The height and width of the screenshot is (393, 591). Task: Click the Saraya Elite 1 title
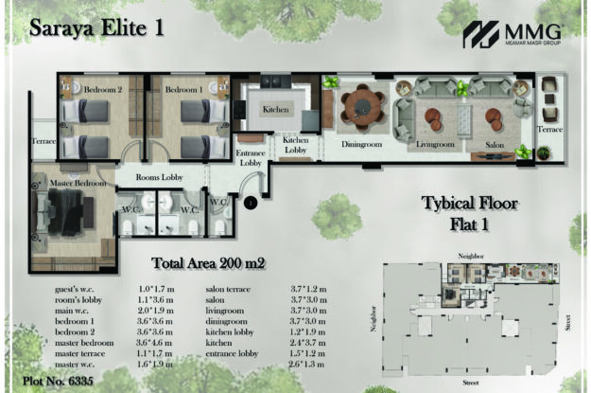(97, 27)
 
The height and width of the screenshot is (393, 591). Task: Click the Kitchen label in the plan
(275, 110)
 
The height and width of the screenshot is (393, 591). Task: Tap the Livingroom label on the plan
(436, 145)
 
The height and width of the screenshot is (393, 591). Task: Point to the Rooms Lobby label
(158, 176)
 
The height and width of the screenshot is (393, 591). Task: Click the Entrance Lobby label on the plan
(250, 157)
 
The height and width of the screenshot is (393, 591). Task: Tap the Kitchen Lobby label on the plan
(295, 145)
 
